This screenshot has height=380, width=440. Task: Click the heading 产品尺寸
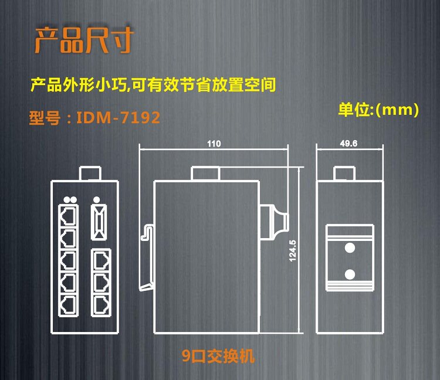coord(84,39)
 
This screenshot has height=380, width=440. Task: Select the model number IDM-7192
coord(94,118)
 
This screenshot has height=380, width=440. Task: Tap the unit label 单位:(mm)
coord(378,110)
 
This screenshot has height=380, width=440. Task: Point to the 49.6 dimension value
coord(348,144)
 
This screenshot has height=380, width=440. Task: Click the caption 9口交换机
coord(219,356)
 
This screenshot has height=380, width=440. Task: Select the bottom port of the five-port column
coord(69,304)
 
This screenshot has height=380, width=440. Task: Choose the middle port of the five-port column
coord(69,259)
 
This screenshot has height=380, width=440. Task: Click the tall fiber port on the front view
coord(97,220)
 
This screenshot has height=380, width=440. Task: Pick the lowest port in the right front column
coord(101,304)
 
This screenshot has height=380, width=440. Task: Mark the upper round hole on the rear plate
coord(350,247)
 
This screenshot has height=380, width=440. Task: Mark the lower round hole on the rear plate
coord(350,274)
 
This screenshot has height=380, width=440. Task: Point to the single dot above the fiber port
coord(96,199)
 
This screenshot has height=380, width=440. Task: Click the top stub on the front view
coord(90,173)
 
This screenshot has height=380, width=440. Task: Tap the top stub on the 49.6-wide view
coord(344,174)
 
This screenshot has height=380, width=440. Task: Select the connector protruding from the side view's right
coord(273,222)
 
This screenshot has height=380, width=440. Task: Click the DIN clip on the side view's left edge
coord(147,258)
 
